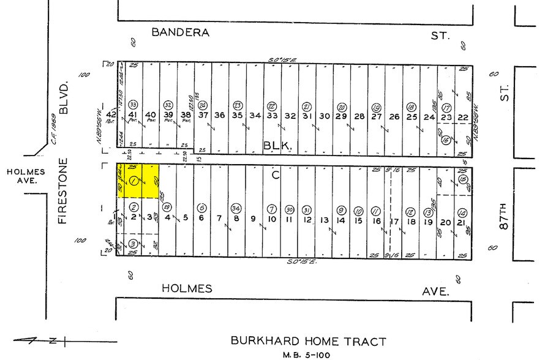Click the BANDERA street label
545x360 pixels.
pos(180,32)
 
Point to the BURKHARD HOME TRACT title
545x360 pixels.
pos(308,341)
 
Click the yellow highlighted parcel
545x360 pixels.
pos(140,181)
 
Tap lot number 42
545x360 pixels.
pos(111,115)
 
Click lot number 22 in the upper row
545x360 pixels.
pos(463,117)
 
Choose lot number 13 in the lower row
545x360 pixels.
pos(325,220)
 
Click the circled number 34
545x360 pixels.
pos(236,208)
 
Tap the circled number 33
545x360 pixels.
pos(132,104)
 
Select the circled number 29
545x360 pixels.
pos(167,206)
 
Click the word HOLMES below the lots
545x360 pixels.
pos(187,288)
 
